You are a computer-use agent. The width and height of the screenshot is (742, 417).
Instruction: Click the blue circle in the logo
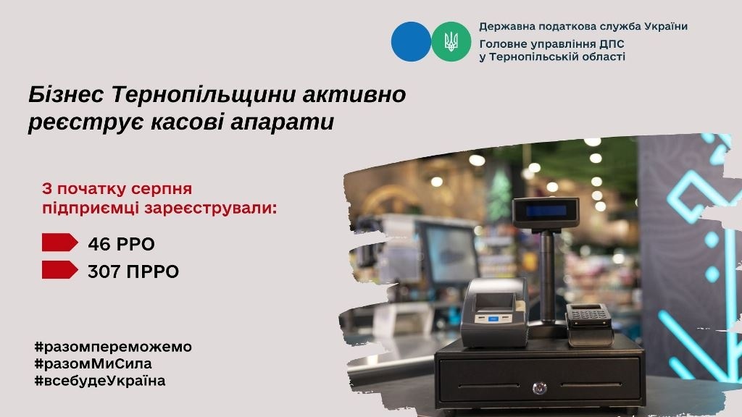[411, 41]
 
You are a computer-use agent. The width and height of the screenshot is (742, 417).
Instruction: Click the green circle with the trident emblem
[451, 41]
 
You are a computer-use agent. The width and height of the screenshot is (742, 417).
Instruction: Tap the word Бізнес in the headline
[66, 95]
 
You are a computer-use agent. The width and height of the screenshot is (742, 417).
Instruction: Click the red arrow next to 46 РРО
[59, 242]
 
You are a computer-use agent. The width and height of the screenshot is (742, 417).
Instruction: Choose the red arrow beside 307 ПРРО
[59, 269]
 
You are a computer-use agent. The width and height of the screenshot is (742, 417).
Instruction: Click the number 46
[99, 244]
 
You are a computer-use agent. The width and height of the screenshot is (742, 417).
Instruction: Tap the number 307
[104, 271]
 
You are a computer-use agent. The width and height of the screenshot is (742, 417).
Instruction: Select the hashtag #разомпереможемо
[113, 347]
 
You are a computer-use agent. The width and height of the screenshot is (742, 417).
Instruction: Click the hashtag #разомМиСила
[93, 363]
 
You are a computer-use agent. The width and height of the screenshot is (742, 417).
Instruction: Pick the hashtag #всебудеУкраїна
[100, 381]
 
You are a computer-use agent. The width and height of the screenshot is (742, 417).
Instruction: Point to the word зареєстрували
[211, 208]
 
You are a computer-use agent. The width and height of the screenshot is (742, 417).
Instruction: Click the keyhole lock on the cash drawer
[539, 388]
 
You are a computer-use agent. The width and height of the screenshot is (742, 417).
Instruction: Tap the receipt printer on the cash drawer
[494, 312]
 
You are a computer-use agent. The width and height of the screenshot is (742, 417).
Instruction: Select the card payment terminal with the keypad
[589, 324]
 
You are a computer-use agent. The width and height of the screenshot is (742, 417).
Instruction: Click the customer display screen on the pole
[546, 211]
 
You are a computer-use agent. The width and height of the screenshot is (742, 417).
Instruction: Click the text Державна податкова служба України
[583, 27]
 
